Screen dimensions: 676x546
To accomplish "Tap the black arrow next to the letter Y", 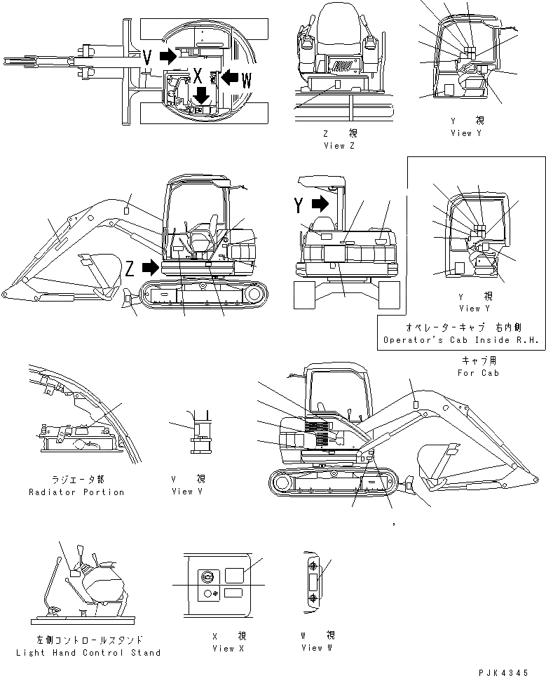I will [x=320, y=204].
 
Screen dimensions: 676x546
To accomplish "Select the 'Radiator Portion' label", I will [x=77, y=492].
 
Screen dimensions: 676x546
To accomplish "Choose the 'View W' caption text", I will [x=312, y=648].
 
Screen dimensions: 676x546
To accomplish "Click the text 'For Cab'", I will [x=479, y=372].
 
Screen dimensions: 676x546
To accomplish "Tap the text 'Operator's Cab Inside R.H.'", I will [x=460, y=341].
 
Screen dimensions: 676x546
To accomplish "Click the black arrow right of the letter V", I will [x=168, y=56].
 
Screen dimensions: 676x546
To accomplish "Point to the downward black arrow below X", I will [x=201, y=94].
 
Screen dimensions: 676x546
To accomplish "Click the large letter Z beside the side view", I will [x=130, y=267].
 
